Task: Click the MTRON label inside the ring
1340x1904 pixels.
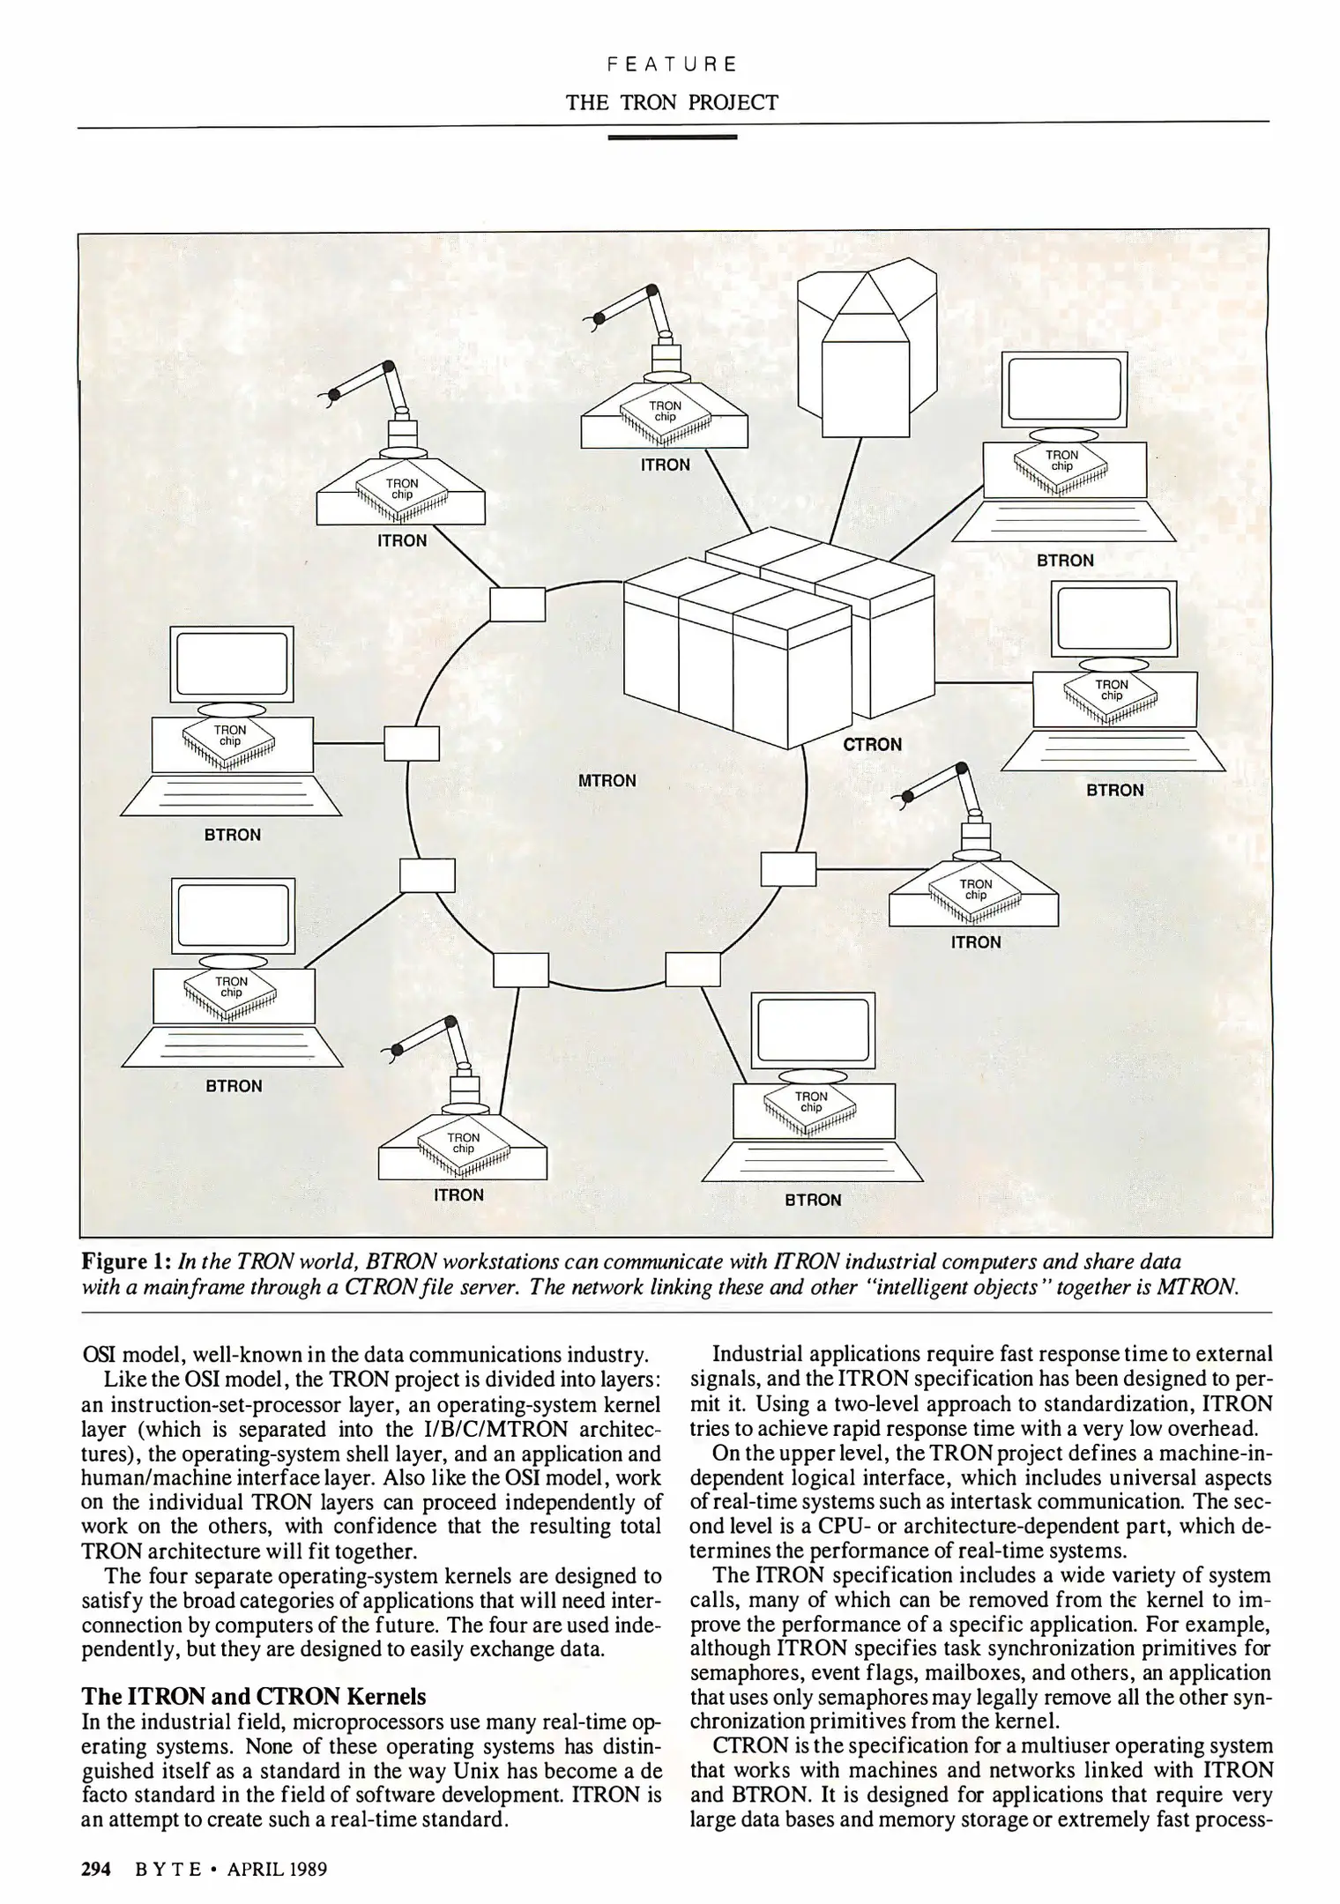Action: click(x=607, y=781)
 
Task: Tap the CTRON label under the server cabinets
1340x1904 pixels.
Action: click(x=872, y=745)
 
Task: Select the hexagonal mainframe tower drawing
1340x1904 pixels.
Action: click(x=866, y=347)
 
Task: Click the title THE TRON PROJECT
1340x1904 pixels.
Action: click(x=672, y=102)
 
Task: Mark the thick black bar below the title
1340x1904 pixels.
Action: click(x=672, y=138)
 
